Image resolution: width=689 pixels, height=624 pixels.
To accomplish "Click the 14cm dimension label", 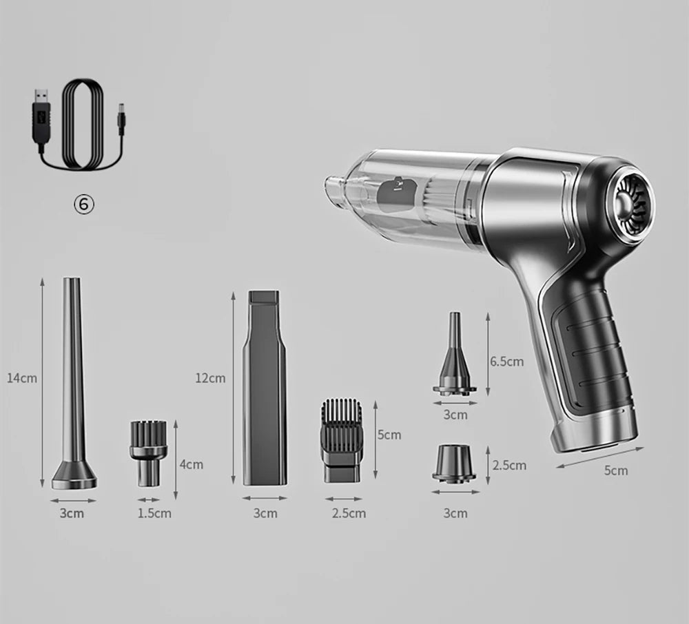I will coord(22,377).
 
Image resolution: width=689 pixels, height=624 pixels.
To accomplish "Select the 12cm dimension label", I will coord(210,377).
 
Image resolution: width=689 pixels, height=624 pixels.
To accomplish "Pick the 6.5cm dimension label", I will coord(506,361).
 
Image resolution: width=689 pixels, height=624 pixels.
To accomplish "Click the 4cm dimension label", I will coord(191,464).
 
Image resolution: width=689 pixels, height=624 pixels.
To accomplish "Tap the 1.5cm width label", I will coord(155,512).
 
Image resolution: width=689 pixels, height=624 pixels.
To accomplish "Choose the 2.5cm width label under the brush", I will coord(349,512).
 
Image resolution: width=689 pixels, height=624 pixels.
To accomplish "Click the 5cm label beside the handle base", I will coord(616,470).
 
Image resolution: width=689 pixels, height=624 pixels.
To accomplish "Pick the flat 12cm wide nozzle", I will coord(264,389).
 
